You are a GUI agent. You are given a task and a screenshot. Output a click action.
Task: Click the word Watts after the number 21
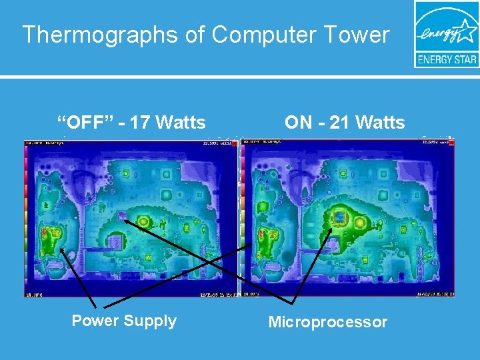[x=379, y=123]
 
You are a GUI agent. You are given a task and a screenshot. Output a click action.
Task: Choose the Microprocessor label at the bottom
[x=327, y=322]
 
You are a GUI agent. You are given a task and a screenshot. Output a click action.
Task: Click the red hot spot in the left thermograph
[x=45, y=233]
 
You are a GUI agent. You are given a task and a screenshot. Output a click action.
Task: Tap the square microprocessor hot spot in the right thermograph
[x=341, y=218]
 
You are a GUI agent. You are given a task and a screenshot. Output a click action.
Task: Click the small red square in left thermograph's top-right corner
[x=234, y=143]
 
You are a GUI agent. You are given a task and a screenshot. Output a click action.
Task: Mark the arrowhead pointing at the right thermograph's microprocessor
[x=331, y=229]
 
